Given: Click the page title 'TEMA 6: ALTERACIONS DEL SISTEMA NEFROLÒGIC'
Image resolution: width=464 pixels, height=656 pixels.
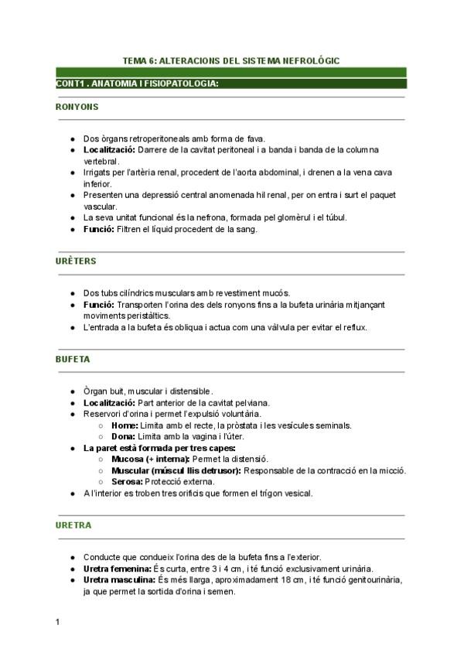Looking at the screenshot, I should (x=231, y=60).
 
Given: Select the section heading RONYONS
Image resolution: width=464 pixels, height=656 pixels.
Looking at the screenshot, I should (x=77, y=107).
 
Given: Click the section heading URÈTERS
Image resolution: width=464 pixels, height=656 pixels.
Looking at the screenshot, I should (x=76, y=261).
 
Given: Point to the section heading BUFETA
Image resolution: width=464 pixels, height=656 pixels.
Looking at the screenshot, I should (x=73, y=360).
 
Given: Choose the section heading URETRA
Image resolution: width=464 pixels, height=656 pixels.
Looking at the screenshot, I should (x=73, y=525).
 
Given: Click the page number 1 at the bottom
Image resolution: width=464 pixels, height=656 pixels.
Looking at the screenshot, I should (x=58, y=621).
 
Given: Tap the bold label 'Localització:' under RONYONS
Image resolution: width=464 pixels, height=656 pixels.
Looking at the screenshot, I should (x=109, y=149).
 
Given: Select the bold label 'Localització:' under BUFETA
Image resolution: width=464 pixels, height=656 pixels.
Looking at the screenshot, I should (x=109, y=402).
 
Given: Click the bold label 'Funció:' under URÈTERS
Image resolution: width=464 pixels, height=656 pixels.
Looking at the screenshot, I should (x=99, y=305).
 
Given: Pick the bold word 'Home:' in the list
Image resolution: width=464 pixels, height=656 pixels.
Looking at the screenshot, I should (x=125, y=425).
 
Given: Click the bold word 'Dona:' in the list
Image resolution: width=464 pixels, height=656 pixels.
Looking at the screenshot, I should (x=124, y=436).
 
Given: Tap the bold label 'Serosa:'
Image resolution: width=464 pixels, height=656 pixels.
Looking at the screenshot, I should (x=128, y=481).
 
